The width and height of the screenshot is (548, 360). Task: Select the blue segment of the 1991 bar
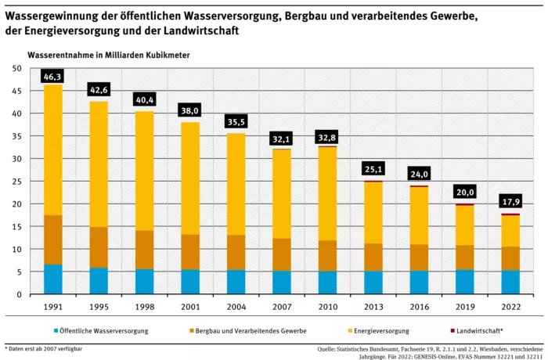point(53,279)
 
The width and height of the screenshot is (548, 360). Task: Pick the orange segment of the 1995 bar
point(99,247)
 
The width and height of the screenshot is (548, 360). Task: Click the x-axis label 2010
point(328,306)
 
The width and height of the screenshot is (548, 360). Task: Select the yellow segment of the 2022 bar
point(510,231)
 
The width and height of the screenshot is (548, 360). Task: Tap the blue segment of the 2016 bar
point(419,283)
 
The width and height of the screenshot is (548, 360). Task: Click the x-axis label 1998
point(145,306)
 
